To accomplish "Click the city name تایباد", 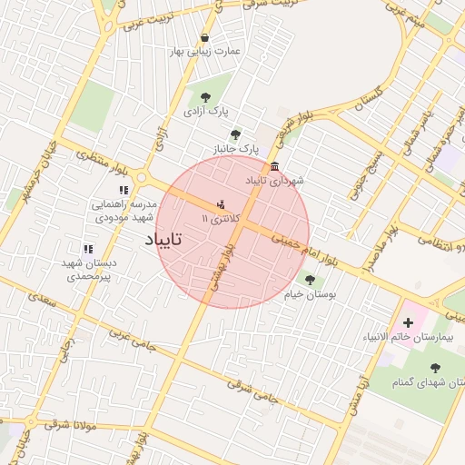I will (163, 240).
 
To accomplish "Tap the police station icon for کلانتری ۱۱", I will (222, 205).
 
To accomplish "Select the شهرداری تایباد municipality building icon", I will (274, 167).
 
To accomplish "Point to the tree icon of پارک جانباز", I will (236, 134).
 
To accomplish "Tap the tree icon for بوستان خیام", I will (311, 281).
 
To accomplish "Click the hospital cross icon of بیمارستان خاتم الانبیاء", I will (408, 322).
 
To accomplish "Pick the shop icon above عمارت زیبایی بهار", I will (204, 37).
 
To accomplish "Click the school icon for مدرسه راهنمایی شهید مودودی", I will (124, 190).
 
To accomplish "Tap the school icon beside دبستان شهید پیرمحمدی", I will (88, 248).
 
